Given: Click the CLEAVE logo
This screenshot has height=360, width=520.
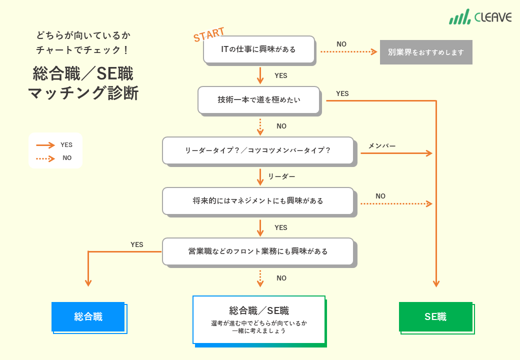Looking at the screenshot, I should click(480, 16).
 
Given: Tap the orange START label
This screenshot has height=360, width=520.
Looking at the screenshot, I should click(209, 35).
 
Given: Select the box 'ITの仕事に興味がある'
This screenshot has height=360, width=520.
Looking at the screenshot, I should click(259, 49).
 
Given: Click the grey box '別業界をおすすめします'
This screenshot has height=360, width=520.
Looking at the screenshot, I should click(426, 52).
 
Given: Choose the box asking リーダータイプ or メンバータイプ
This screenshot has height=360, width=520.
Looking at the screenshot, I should click(258, 150).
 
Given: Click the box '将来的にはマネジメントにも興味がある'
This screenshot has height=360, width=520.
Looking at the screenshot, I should click(258, 200).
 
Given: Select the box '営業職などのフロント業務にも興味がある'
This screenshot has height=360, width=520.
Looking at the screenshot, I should click(258, 251).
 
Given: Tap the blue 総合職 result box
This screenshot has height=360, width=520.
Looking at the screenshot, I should click(88, 316).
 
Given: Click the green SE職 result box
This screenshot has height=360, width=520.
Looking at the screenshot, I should click(435, 316).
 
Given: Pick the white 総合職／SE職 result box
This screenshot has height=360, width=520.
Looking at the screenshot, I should click(259, 319).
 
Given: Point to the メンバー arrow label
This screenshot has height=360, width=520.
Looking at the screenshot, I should click(382, 146).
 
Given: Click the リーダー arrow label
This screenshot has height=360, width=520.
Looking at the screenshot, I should click(281, 176).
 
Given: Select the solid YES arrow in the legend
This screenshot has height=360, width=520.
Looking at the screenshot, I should click(45, 145).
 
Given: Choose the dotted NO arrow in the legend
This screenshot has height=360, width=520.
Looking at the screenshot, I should click(45, 158).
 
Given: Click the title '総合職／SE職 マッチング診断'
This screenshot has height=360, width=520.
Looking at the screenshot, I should click(83, 83).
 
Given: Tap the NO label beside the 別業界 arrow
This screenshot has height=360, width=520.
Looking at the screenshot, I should click(341, 44).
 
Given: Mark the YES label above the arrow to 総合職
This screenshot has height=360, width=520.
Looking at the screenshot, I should click(137, 244).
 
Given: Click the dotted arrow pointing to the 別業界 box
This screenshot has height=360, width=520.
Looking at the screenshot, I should click(348, 52).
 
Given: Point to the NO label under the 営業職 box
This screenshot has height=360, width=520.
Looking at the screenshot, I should click(281, 278).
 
